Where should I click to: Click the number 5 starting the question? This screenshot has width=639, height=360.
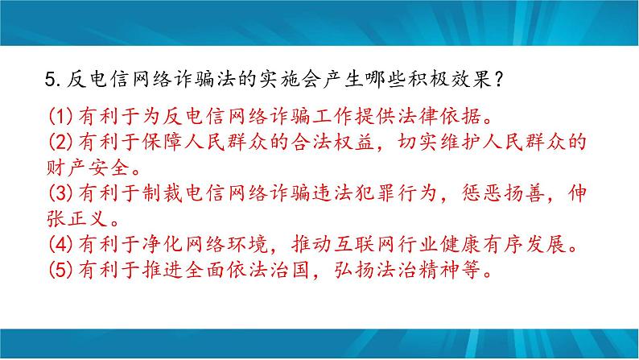click(51, 80)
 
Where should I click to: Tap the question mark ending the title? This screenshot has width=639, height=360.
click(499, 80)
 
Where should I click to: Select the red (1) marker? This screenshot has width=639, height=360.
click(61, 117)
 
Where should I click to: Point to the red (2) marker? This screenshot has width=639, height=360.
click(61, 142)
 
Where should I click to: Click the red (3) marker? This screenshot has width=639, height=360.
click(61, 192)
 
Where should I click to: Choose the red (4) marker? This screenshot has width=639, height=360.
click(61, 244)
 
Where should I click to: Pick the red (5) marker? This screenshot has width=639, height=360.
click(61, 270)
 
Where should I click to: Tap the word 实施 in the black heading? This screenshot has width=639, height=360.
click(281, 80)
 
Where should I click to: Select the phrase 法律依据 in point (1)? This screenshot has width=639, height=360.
click(439, 117)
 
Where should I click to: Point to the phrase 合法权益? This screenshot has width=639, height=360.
click(333, 142)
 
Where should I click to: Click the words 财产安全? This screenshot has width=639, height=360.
click(89, 168)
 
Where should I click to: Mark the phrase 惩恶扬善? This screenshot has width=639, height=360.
click(503, 192)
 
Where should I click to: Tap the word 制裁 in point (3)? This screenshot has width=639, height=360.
click(163, 192)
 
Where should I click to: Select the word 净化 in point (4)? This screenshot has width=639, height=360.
click(163, 244)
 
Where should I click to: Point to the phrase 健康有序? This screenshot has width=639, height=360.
click(482, 244)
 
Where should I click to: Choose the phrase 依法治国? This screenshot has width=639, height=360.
click(270, 270)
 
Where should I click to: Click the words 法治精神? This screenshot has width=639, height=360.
click(418, 270)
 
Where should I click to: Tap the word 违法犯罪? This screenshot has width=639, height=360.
click(354, 192)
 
